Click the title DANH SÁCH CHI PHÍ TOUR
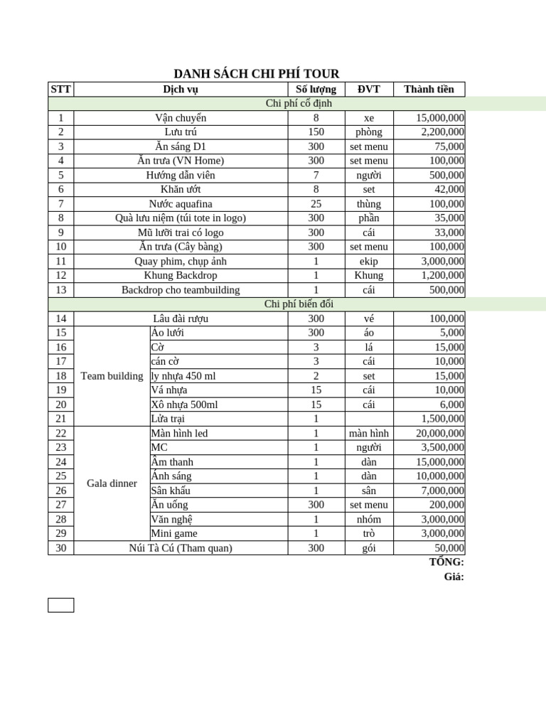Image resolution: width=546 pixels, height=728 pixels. [x=257, y=74]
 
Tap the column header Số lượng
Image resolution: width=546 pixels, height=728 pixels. [x=316, y=89]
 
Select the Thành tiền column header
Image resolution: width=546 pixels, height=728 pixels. [x=429, y=89]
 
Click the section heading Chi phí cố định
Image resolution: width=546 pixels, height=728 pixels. [x=299, y=103]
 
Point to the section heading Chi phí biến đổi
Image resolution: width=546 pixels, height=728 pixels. [x=299, y=304]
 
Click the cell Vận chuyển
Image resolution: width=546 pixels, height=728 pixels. [x=181, y=118]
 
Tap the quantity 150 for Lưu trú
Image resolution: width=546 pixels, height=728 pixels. [x=316, y=132]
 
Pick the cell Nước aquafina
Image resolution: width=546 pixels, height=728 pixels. [x=181, y=204]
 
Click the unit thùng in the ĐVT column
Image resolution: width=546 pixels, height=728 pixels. [x=369, y=204]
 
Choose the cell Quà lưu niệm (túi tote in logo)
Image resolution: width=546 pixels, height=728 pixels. [x=181, y=218]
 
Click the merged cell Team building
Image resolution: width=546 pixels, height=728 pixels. [x=112, y=376]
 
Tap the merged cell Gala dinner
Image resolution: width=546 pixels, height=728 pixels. [x=112, y=483]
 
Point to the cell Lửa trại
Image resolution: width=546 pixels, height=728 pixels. [x=168, y=419]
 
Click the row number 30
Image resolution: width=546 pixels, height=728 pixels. [x=60, y=548]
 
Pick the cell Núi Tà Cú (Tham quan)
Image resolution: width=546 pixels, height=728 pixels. [x=181, y=548]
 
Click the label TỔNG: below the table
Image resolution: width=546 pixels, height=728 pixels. [x=446, y=562]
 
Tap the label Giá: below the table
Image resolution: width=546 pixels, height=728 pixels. [x=454, y=577]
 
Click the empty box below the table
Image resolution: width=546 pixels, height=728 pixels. [x=60, y=605]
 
